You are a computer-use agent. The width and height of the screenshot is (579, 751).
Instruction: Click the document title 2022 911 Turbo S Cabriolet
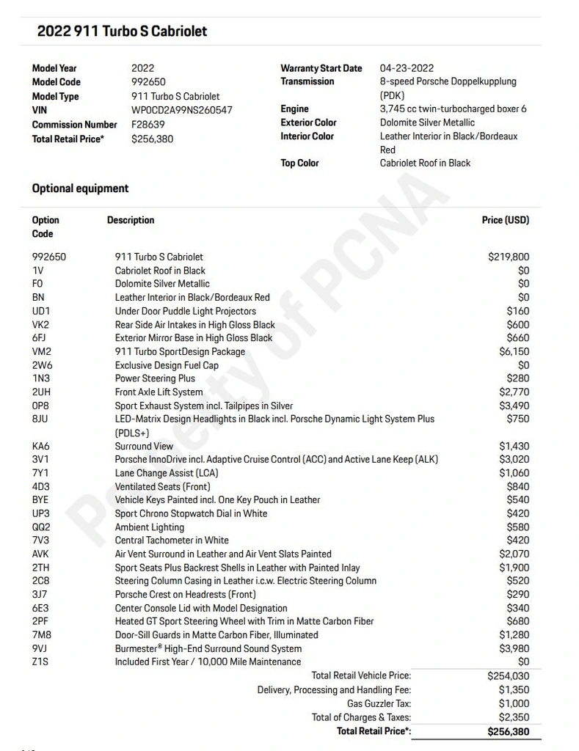122,32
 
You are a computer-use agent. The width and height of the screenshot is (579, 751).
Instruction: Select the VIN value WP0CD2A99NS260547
182,110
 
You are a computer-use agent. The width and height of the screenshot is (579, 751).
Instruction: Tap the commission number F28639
148,124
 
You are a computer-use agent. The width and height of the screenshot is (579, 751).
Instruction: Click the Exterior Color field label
308,122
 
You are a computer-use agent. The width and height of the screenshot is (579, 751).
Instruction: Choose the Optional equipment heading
80,188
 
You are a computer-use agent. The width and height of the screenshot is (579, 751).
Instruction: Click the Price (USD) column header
505,220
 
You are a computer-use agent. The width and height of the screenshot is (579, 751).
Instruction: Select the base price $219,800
508,257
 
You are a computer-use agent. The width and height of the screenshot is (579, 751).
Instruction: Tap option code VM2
41,351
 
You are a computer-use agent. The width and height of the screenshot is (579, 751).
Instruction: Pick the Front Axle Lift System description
159,392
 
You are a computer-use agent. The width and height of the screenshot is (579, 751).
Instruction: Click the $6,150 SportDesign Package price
514,351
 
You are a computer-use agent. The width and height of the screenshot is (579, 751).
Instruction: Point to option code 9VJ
40,648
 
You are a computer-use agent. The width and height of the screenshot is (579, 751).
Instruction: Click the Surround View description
144,446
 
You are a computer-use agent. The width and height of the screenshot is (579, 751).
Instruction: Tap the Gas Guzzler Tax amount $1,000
514,703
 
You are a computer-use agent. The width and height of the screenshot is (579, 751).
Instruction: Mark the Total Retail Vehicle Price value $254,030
508,675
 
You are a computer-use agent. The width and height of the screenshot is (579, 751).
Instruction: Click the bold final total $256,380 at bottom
508,731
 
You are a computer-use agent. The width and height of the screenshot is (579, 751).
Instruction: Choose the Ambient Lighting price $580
517,527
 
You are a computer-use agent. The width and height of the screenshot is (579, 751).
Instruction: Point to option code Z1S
40,662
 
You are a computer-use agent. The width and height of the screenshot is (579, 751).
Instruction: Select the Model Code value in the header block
148,82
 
